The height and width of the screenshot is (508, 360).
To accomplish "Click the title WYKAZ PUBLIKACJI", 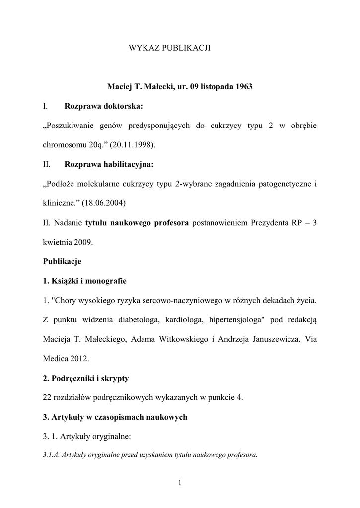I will (170, 48).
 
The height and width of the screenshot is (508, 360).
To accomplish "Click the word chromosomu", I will (65, 144).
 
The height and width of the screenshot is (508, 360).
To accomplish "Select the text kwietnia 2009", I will (68, 242).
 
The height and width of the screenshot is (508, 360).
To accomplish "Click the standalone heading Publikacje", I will (62, 261).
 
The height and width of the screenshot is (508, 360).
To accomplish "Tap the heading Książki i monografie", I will (84, 281).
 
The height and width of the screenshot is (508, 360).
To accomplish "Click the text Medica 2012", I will (66, 359).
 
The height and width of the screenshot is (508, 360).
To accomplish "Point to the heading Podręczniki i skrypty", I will (86, 378).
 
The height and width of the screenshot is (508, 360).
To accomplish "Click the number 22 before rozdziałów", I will (48, 398).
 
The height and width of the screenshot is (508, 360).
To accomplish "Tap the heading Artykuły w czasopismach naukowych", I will (115, 417).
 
